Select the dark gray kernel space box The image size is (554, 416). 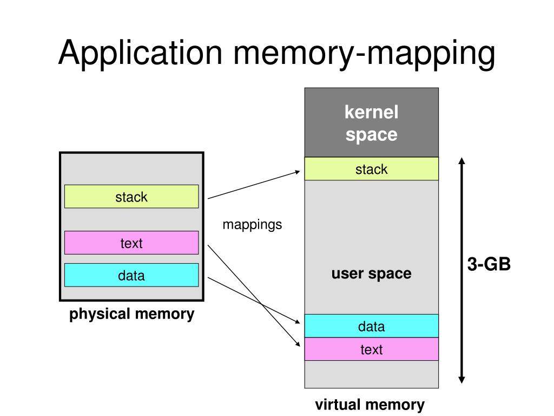(371, 123)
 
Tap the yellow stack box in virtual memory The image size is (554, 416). (371, 169)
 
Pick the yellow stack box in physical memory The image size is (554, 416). (131, 197)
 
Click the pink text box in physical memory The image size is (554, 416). (131, 243)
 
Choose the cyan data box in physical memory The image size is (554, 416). (131, 275)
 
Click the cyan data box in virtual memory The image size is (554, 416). (371, 326)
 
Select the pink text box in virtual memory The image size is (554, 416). (371, 349)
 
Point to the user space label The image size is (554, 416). (371, 274)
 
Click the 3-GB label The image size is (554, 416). (489, 265)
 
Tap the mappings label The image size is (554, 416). (252, 224)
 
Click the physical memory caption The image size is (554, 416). (131, 314)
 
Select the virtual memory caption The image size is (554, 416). (371, 404)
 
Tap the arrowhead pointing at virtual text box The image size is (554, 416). (297, 344)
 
